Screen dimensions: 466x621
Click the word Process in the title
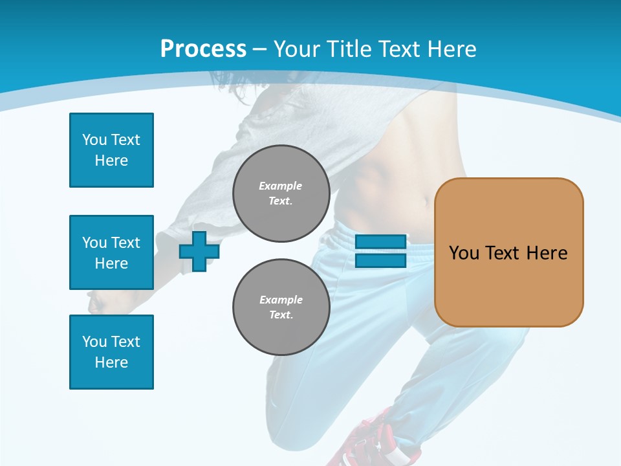click(203, 49)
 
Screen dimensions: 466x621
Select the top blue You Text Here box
click(111, 150)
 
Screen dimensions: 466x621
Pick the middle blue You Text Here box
click(111, 252)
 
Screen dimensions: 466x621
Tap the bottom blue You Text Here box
click(111, 352)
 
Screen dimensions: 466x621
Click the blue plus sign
click(199, 251)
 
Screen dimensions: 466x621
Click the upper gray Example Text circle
click(281, 193)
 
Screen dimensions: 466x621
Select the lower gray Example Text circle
click(281, 307)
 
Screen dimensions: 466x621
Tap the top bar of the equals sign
click(380, 242)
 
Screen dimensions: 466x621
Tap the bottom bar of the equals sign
click(380, 261)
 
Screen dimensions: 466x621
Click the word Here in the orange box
click(547, 252)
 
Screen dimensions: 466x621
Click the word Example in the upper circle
click(281, 186)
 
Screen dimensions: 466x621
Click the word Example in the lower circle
click(281, 300)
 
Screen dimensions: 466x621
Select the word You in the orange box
click(464, 252)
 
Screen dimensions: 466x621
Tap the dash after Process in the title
click(259, 49)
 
